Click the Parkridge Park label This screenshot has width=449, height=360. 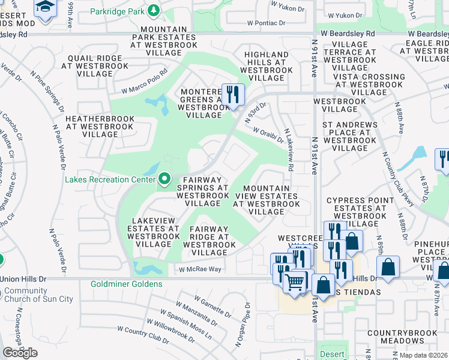pyautogui.click(x=118, y=11)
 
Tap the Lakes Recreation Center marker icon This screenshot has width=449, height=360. pyautogui.click(x=164, y=179)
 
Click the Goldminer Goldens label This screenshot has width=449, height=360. pyautogui.click(x=126, y=284)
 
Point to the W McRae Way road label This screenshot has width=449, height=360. pyautogui.click(x=200, y=269)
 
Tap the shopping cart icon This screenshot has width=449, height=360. pyautogui.click(x=295, y=281)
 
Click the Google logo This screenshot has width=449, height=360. pyautogui.click(x=20, y=352)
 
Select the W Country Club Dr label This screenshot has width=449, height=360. pyautogui.click(x=143, y=335)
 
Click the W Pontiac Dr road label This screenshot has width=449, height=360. pyautogui.click(x=261, y=23)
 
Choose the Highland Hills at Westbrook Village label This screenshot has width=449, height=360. pyautogui.click(x=265, y=66)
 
